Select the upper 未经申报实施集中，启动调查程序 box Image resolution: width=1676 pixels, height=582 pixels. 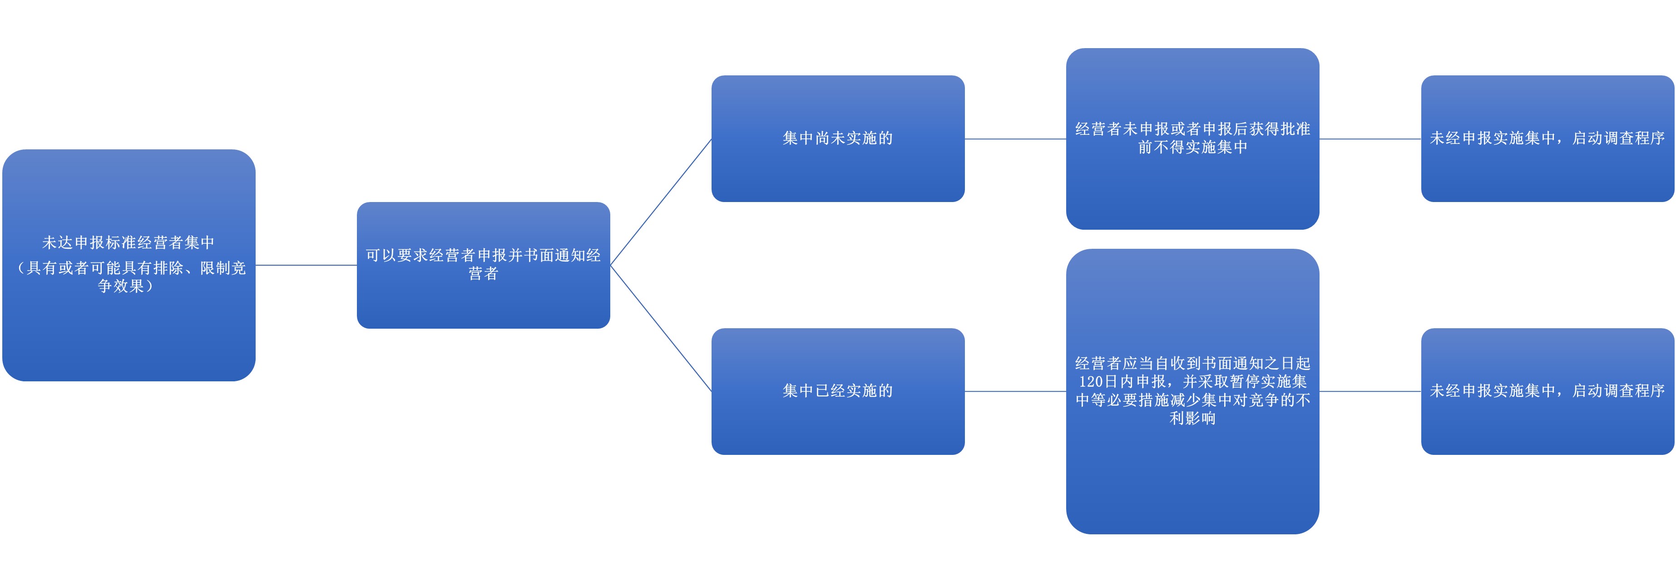(1547, 138)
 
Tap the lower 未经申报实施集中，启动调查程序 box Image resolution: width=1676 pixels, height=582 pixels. (1547, 391)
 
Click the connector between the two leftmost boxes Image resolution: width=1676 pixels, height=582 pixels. (306, 265)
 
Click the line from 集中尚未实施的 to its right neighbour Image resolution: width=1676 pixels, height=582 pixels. (1015, 138)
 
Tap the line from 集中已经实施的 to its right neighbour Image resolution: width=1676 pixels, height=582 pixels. (1015, 391)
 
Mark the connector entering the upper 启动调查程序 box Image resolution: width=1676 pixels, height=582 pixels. (1369, 138)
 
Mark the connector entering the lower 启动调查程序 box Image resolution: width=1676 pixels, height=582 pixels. (1369, 391)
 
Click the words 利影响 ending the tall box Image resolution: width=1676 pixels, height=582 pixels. (1192, 418)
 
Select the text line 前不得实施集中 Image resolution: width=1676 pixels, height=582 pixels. (1192, 148)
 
